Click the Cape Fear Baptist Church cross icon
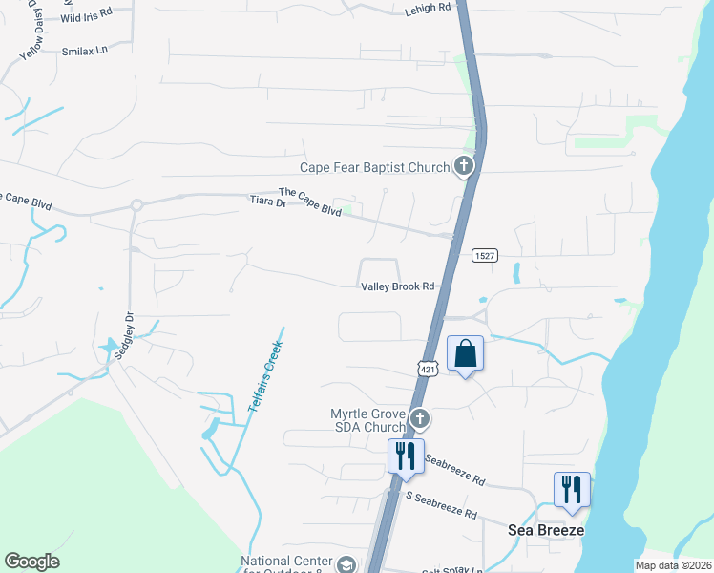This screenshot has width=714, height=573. [463, 167]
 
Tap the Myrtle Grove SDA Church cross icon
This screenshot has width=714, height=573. [419, 418]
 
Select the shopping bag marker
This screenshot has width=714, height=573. [465, 353]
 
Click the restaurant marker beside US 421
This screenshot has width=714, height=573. [405, 456]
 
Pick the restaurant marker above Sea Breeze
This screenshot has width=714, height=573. [571, 489]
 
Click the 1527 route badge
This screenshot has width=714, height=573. [485, 254]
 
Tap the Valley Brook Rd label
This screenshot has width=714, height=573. [397, 286]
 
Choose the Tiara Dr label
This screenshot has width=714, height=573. [267, 202]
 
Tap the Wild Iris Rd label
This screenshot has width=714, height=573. [86, 17]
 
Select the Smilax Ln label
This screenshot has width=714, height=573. [86, 50]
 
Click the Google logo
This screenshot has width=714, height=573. [31, 562]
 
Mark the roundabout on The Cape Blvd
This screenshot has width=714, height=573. [136, 204]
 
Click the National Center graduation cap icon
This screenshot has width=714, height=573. [346, 564]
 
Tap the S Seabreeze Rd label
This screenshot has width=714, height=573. [441, 507]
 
